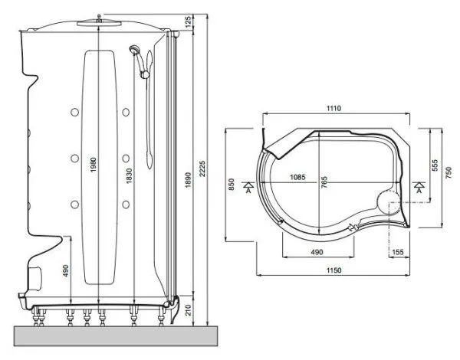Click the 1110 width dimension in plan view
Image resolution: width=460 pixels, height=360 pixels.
[332, 110]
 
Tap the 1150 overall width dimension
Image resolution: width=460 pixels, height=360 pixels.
[332, 270]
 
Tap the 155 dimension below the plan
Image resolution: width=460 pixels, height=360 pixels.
[397, 250]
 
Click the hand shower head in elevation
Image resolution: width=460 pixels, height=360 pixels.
[135, 52]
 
